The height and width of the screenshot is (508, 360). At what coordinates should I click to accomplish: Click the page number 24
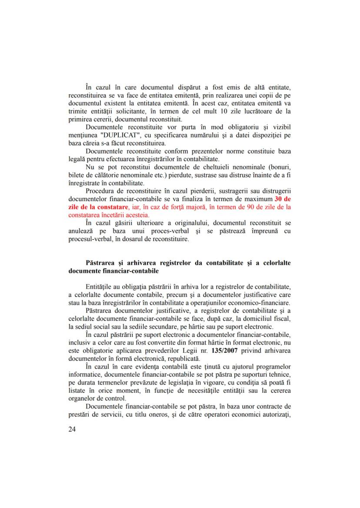[73, 429]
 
